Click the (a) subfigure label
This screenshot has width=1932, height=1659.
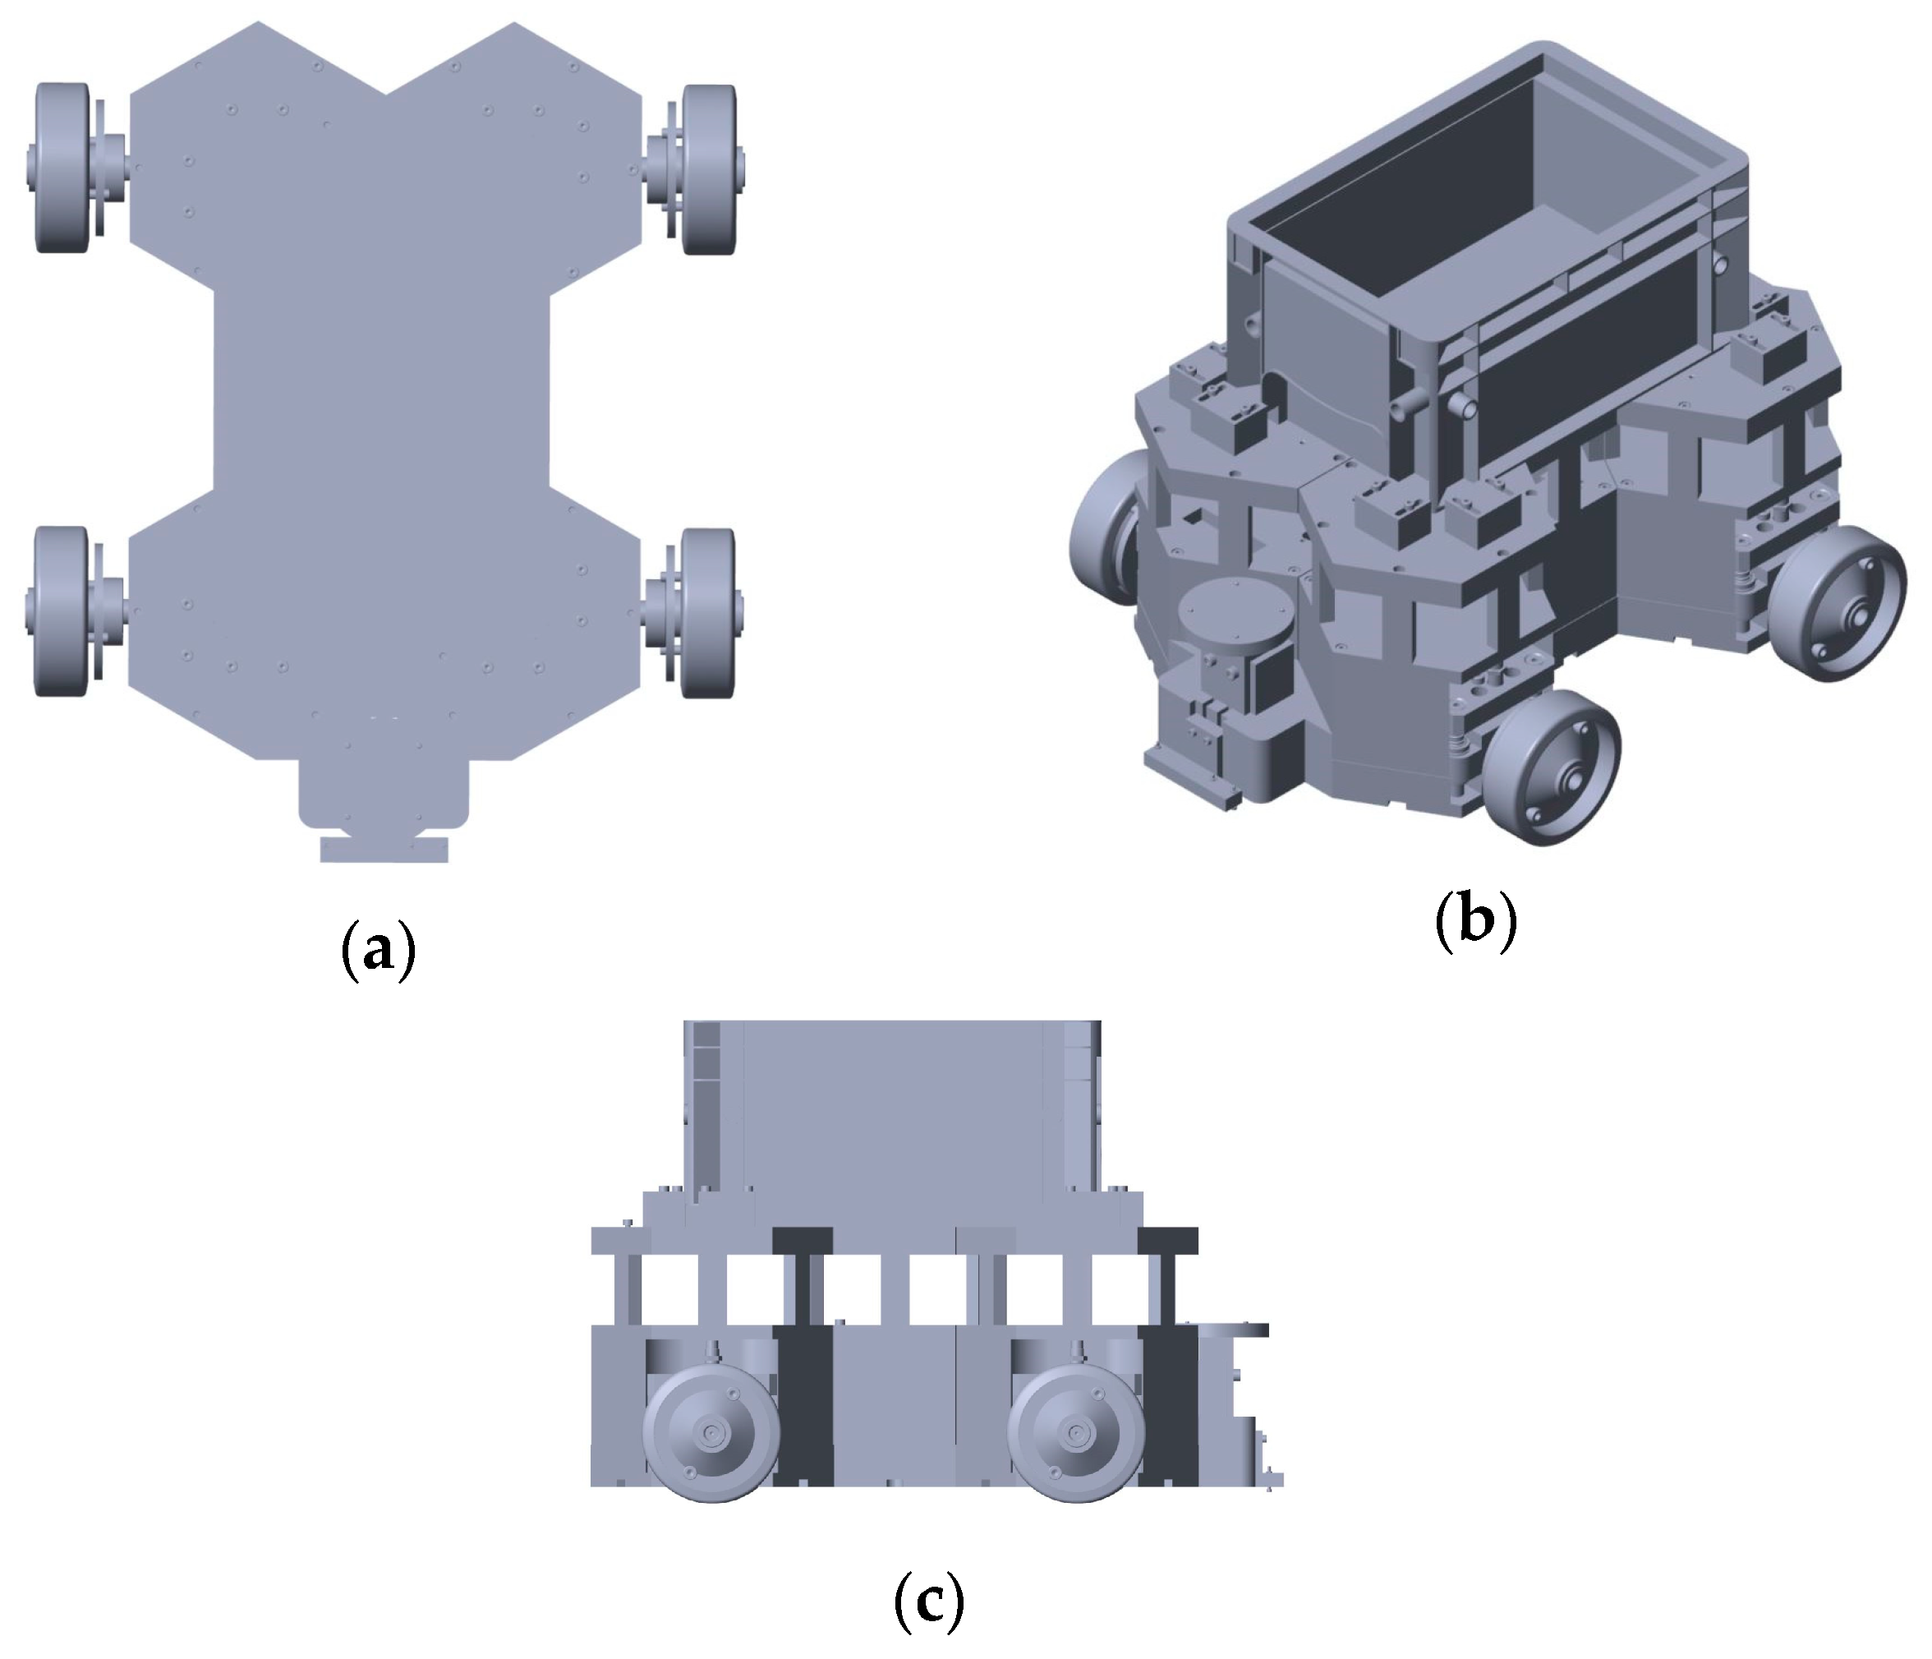[x=379, y=948]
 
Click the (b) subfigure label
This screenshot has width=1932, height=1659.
[x=1476, y=919]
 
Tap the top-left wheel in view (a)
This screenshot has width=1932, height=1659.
[x=62, y=168]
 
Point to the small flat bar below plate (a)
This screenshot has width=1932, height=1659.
[x=384, y=850]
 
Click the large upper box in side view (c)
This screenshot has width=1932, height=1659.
[x=892, y=1110]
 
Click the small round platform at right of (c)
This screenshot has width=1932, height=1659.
[x=1233, y=1329]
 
